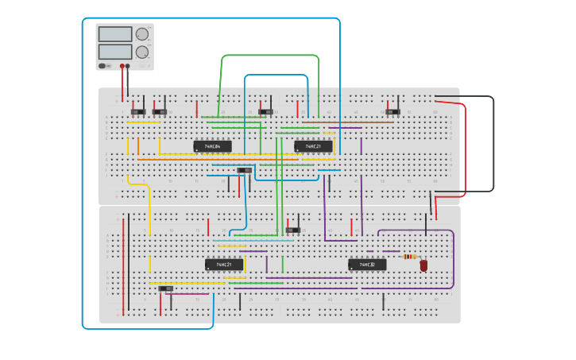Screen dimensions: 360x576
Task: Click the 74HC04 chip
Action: (x=212, y=146)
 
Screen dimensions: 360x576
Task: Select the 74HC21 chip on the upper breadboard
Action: (x=313, y=146)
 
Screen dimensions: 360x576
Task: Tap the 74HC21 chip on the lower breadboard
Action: (x=224, y=265)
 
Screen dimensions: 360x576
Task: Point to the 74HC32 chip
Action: (x=367, y=265)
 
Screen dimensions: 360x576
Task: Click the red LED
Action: (x=423, y=266)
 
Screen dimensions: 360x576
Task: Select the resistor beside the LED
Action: (x=410, y=256)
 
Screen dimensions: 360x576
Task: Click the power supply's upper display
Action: (x=114, y=34)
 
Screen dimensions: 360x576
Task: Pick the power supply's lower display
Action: (x=114, y=52)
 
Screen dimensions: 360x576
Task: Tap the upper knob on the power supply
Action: (x=142, y=34)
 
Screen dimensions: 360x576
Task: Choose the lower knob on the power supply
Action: (x=142, y=52)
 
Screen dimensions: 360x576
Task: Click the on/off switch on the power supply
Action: (x=102, y=66)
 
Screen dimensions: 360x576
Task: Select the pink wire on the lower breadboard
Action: (x=191, y=294)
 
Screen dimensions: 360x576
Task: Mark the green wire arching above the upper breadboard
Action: (x=270, y=56)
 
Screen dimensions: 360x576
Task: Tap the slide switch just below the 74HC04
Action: (x=245, y=170)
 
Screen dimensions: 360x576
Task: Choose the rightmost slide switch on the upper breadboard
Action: (x=392, y=111)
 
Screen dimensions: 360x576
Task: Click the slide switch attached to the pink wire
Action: (x=165, y=288)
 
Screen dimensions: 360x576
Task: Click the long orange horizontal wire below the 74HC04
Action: (x=218, y=159)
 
